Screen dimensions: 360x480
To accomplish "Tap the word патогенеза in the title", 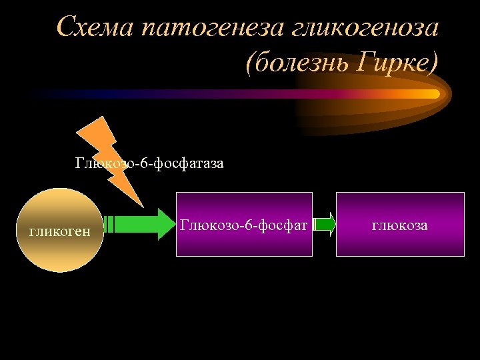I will pyautogui.click(x=211, y=27).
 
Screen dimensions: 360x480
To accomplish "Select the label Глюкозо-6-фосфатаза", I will pyautogui.click(x=149, y=163).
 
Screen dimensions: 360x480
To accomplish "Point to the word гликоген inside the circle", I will pyautogui.click(x=60, y=231).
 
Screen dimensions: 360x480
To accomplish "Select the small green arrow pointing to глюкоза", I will pyautogui.click(x=325, y=224).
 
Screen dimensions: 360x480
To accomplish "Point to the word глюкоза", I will pyautogui.click(x=399, y=226).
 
